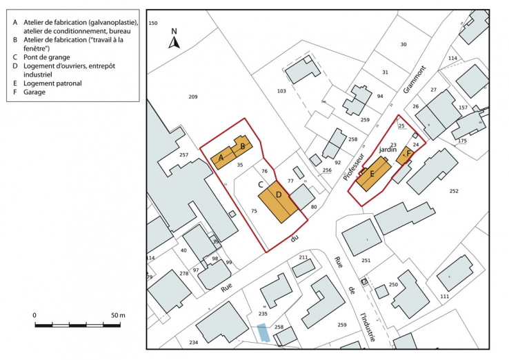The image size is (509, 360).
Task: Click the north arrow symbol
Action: click(174, 41)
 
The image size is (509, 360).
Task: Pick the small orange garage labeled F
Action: click(408, 153)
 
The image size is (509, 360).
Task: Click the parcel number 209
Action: click(192, 97)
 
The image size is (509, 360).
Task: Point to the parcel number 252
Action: click(454, 191)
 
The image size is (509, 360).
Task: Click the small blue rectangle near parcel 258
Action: click(262, 332)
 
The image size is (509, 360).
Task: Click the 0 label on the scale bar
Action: click(34, 315)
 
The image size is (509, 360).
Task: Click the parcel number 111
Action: click(444, 296)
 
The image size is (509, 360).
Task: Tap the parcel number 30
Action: click(403, 45)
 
